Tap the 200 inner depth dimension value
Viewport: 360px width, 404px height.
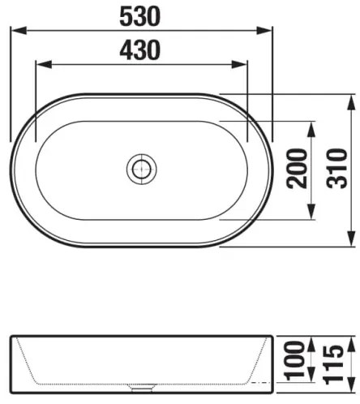pos(298,169)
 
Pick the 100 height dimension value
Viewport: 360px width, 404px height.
pos(298,359)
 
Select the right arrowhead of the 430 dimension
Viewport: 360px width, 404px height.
pos(242,66)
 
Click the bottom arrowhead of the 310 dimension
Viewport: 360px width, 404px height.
pos(351,242)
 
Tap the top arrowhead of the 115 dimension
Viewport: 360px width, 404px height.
pos(351,339)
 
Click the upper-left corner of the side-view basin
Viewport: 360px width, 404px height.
pos(12,335)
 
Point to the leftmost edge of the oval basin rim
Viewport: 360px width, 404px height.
pos(11,170)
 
